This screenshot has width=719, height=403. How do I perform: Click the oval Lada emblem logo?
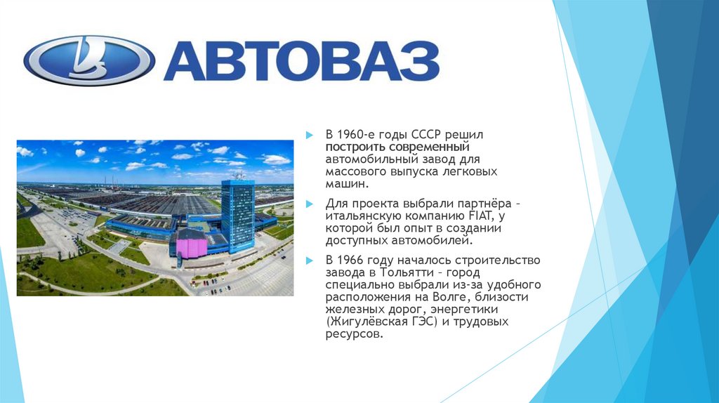pos(88,60)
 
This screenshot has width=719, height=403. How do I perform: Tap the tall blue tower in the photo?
pos(237,214)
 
